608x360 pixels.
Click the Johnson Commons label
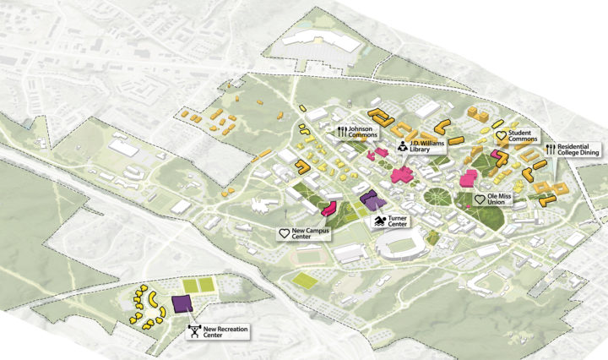[363, 131]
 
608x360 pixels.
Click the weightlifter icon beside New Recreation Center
[195, 331]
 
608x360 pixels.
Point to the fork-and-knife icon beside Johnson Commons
[342, 131]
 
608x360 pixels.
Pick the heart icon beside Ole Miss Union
[480, 199]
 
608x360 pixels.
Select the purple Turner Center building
[371, 200]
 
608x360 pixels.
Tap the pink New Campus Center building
[330, 208]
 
